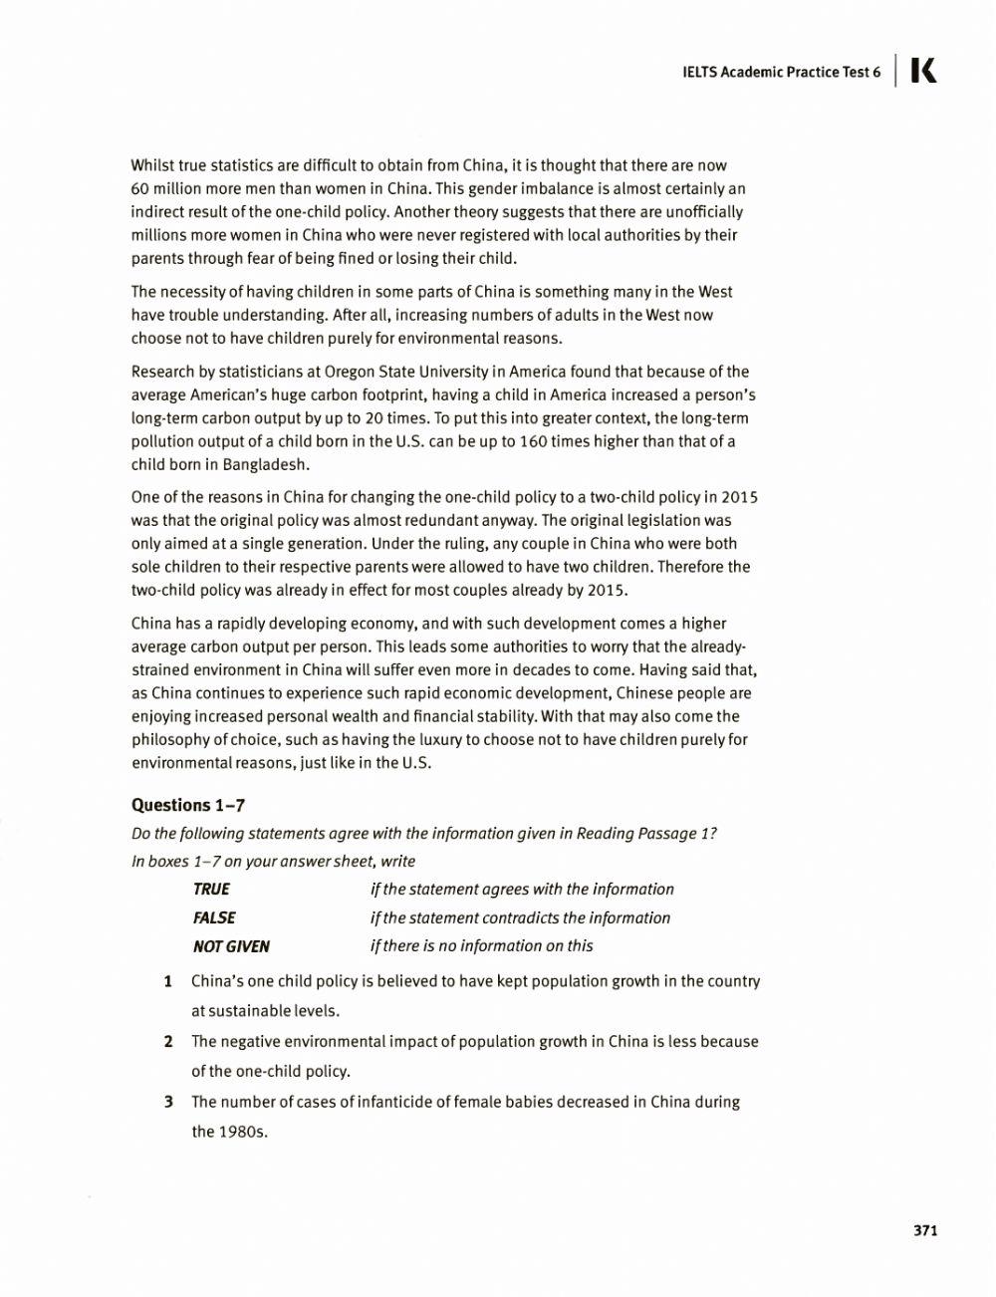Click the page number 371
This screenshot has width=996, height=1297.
[x=925, y=1230]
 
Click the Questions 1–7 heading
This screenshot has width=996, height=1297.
[x=188, y=805]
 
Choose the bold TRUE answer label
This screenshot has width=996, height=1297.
[x=211, y=889]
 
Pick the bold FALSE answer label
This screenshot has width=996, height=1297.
[x=214, y=917]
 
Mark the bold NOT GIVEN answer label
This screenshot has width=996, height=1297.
[x=231, y=946]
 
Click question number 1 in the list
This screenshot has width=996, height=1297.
[x=168, y=981]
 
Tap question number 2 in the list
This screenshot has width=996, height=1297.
[x=168, y=1041]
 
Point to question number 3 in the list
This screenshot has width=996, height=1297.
[x=168, y=1102]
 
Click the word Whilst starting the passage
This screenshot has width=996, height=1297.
[x=153, y=165]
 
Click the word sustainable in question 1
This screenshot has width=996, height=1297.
[x=251, y=1011]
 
